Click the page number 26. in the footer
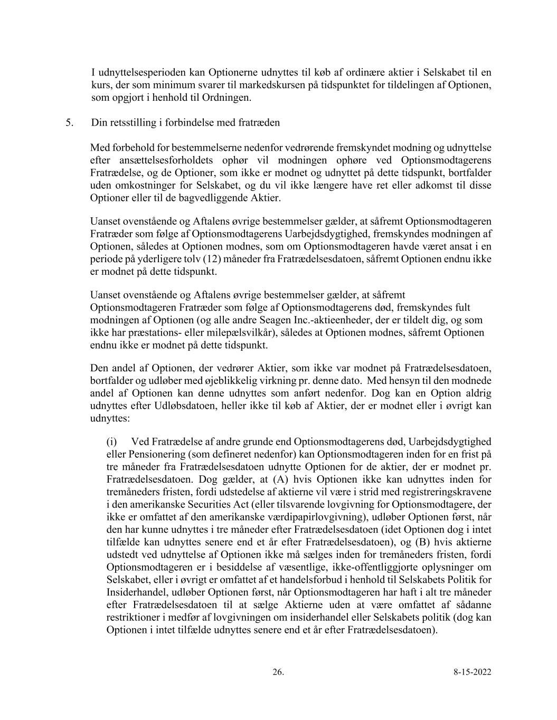pos(278,672)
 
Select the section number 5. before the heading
pos(69,122)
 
